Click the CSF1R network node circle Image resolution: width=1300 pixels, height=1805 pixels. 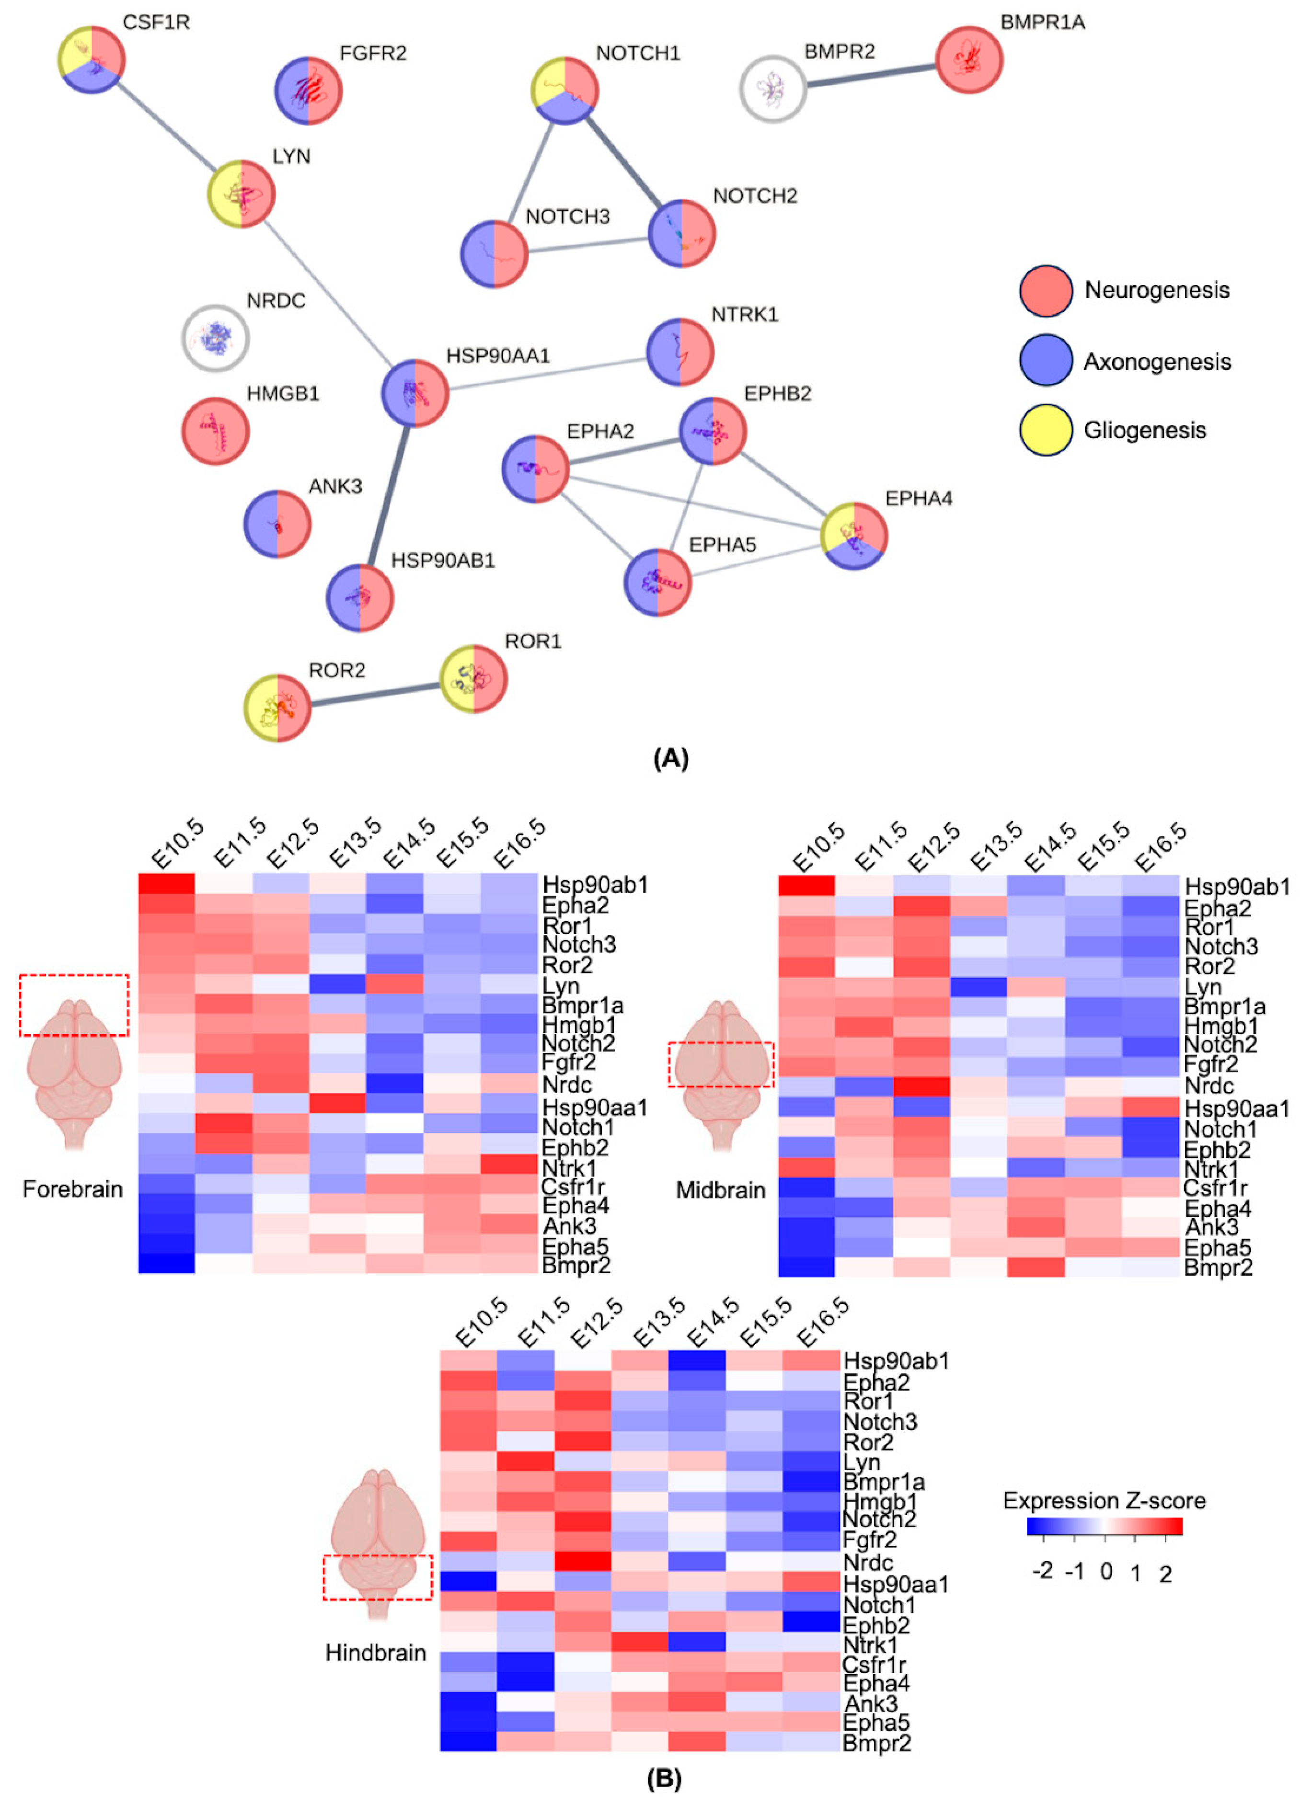pyautogui.click(x=92, y=59)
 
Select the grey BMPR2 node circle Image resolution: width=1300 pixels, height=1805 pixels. pyautogui.click(x=772, y=88)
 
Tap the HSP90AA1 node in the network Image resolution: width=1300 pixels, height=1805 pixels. pyautogui.click(x=414, y=393)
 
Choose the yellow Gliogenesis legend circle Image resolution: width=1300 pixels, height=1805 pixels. pyautogui.click(x=1045, y=430)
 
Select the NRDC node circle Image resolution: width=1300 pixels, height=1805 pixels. pyautogui.click(x=215, y=338)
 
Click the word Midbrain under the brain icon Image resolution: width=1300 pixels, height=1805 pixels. pyautogui.click(x=721, y=1190)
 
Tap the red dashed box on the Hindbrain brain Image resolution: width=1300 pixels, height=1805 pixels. pyautogui.click(x=377, y=1577)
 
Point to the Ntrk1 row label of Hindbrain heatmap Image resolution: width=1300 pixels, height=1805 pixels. pyautogui.click(x=870, y=1644)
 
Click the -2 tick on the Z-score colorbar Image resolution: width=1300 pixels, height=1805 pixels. pyautogui.click(x=1042, y=1570)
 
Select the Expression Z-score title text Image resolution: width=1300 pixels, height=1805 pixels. pyautogui.click(x=1104, y=1500)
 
